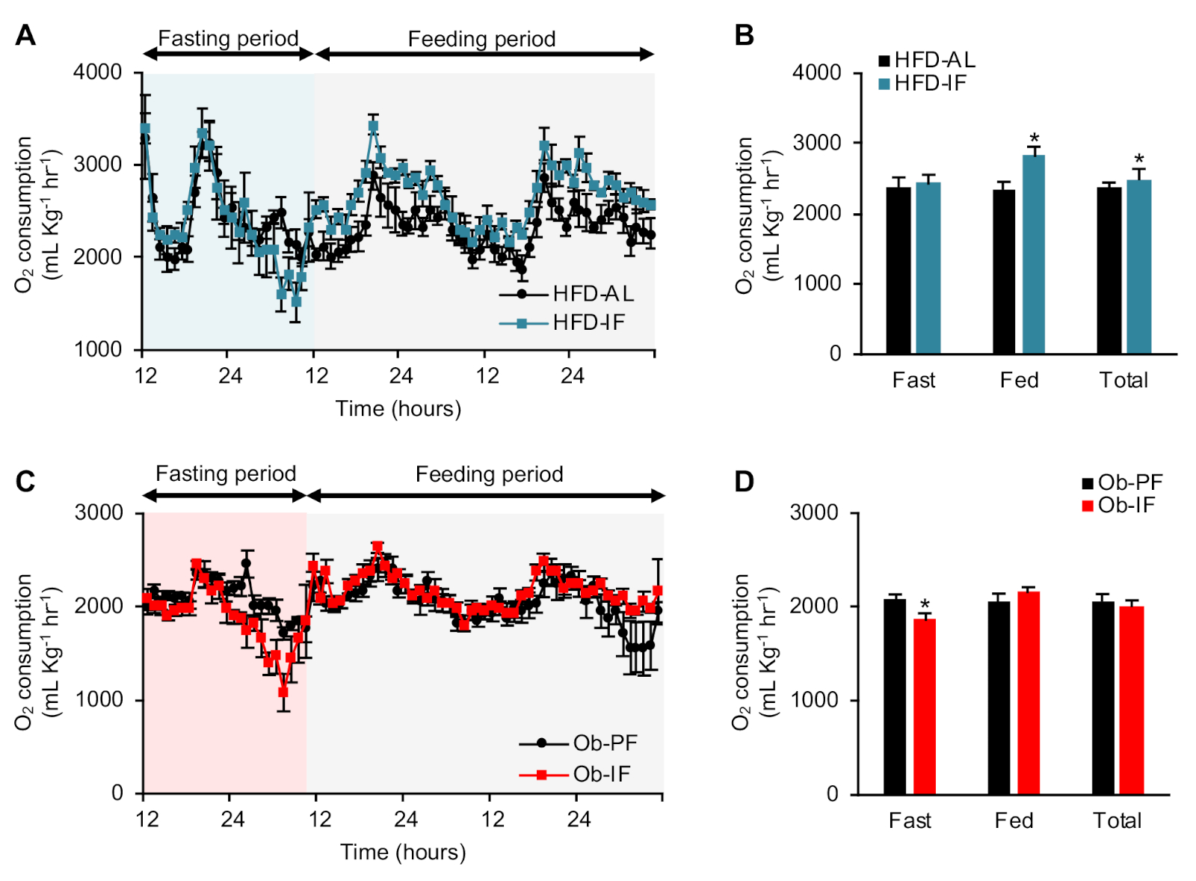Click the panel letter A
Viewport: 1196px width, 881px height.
pos(25,35)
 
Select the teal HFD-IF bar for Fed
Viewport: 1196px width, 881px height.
pos(1034,254)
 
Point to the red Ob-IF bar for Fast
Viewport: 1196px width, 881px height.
pos(925,706)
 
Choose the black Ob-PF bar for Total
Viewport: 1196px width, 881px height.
pos(1103,697)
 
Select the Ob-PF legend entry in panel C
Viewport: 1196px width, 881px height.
pos(579,743)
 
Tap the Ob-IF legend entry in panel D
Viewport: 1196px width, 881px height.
pos(1118,506)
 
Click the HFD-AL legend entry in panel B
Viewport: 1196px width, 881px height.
pos(927,61)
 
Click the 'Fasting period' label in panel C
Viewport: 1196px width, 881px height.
pos(226,474)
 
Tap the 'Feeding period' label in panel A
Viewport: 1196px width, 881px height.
pos(481,39)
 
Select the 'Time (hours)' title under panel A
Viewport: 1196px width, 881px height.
pos(398,408)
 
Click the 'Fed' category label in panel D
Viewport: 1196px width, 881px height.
pos(1014,820)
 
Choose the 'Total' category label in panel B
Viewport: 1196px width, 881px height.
pos(1123,380)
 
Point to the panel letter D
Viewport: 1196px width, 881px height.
pos(744,482)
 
